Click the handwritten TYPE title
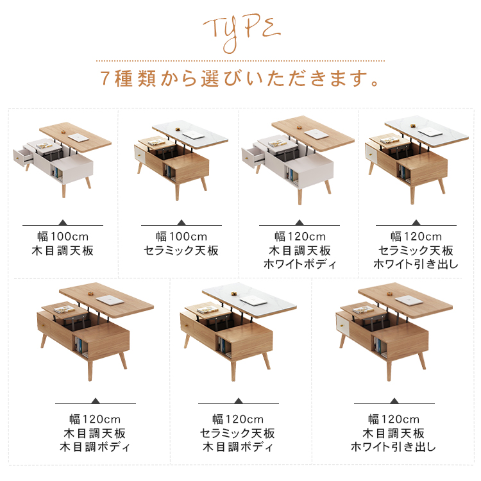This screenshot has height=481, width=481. click(241, 33)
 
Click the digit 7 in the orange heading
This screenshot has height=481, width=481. click(105, 78)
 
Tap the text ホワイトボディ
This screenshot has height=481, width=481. click(300, 264)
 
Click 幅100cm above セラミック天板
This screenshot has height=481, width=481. click(181, 237)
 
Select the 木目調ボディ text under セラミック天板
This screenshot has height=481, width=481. click(237, 447)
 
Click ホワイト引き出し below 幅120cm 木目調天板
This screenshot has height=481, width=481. click(393, 446)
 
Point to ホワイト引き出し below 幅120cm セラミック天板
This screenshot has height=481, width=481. click(416, 264)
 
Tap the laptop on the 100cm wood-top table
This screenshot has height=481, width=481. click(78, 138)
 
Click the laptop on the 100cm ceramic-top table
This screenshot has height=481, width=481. click(192, 135)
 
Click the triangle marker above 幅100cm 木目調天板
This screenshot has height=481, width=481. click(63, 223)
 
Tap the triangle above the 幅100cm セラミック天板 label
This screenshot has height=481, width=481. click(181, 223)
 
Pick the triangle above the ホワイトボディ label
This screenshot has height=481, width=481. click(300, 223)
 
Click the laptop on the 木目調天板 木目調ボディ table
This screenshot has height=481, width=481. click(110, 300)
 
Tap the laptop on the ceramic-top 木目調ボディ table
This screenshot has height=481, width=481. click(254, 300)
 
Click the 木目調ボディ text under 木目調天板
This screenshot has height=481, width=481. click(94, 447)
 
